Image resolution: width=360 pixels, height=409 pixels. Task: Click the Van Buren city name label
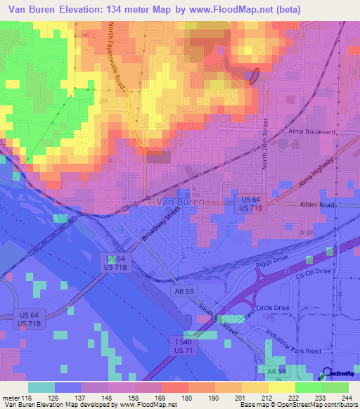point(179,202)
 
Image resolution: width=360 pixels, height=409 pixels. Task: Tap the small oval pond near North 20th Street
point(255,75)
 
